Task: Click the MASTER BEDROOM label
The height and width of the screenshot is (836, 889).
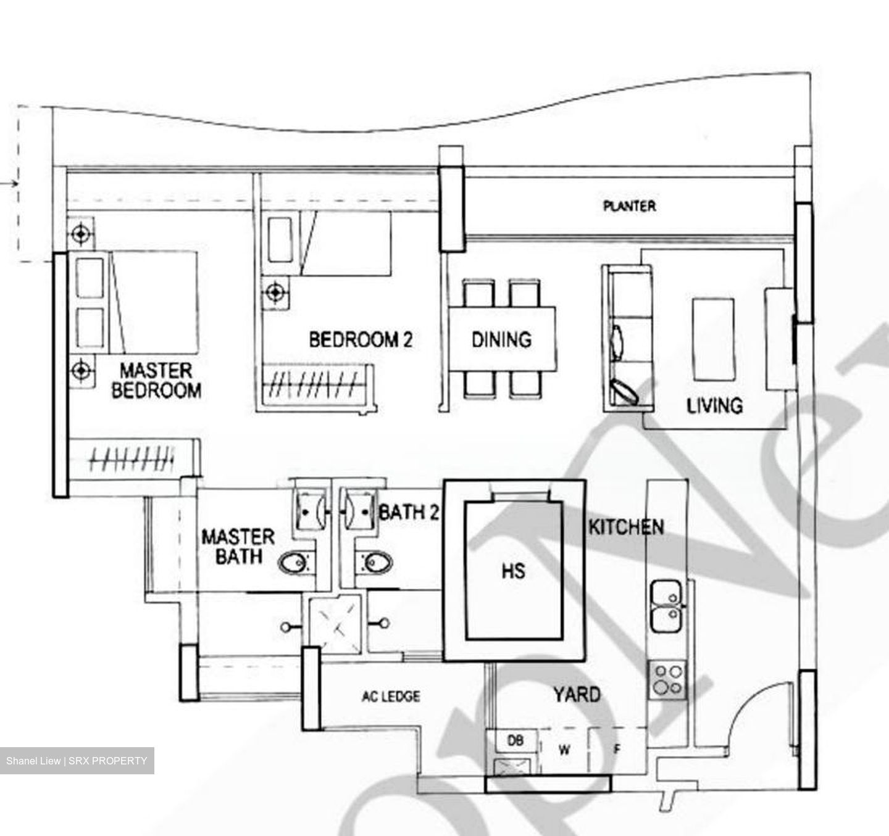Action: [x=156, y=380]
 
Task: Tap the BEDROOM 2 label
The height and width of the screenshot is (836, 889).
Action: [x=361, y=339]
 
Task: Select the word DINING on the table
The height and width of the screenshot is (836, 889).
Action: [x=501, y=339]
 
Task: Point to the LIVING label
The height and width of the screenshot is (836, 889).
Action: [x=714, y=405]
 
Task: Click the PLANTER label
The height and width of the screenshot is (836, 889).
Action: [x=629, y=206]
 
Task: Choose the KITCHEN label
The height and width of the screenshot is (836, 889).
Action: [x=626, y=528]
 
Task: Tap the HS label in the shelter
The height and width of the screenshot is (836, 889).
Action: [x=514, y=571]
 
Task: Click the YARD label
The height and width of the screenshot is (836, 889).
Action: [x=577, y=695]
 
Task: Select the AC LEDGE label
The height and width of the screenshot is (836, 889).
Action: [x=391, y=697]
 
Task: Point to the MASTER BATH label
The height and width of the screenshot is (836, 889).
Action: [x=238, y=547]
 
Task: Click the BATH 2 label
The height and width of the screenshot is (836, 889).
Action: [x=409, y=512]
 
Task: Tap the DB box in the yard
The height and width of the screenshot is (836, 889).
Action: [x=515, y=740]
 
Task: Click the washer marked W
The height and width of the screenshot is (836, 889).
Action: [x=564, y=750]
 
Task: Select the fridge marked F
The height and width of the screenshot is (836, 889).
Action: [x=616, y=750]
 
